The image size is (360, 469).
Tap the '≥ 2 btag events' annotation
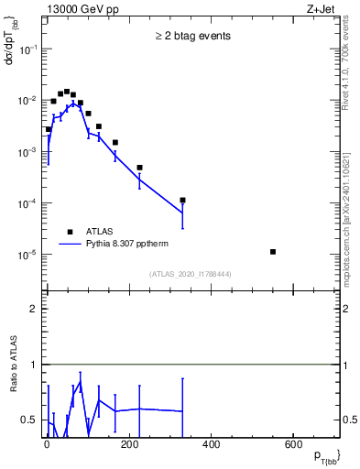coord(192,37)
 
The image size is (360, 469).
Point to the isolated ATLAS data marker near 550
coord(274,251)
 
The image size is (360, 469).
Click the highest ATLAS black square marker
coord(67,92)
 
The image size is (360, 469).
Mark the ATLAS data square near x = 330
coord(183,200)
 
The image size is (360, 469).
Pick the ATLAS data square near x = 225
coord(139,168)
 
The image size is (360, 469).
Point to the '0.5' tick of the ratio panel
coord(31,420)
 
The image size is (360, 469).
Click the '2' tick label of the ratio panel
coord(35,309)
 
